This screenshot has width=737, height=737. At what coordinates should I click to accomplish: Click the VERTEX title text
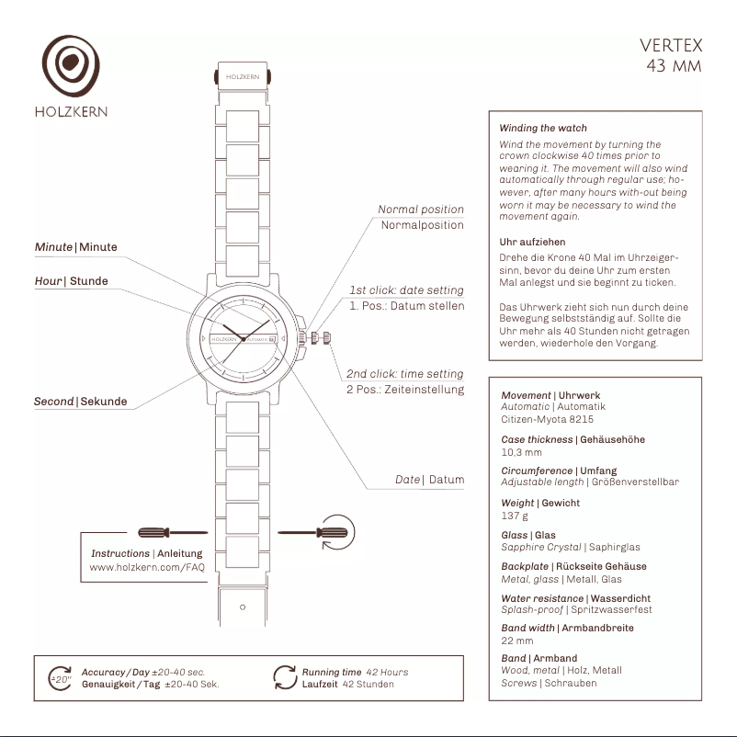(x=671, y=45)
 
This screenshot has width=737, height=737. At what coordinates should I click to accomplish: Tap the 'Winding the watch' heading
(x=542, y=129)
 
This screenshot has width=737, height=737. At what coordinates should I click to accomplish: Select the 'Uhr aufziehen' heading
(x=532, y=243)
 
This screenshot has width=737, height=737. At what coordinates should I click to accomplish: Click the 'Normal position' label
(x=421, y=210)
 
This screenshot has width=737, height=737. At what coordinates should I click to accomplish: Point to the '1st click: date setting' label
(x=406, y=290)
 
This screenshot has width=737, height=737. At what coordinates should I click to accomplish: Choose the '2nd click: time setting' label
(x=404, y=374)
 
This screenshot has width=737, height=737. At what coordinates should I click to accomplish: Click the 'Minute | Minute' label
(x=75, y=247)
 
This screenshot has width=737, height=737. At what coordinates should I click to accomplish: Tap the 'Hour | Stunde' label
(x=71, y=281)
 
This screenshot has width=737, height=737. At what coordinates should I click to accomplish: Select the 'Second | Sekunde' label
(x=80, y=402)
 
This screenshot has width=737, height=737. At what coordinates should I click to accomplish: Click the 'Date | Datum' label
(x=429, y=480)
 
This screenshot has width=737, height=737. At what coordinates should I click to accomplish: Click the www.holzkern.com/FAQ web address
(x=147, y=568)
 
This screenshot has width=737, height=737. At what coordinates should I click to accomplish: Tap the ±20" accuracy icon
(x=61, y=678)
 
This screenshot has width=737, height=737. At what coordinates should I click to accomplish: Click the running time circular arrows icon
(x=285, y=677)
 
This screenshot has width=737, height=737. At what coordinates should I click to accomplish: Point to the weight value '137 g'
(x=515, y=516)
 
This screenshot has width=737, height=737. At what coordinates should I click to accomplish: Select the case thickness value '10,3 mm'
(x=521, y=452)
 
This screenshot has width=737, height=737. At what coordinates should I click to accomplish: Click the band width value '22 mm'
(x=516, y=641)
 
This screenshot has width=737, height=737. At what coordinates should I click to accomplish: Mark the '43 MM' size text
(x=674, y=66)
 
